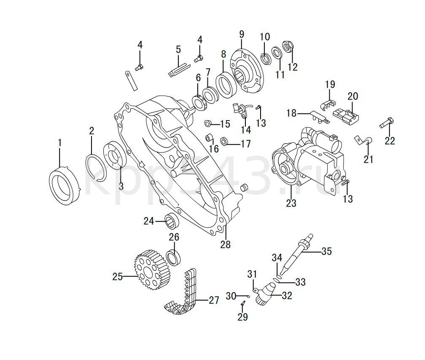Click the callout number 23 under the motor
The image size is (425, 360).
[291, 203]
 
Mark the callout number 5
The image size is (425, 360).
[178, 49]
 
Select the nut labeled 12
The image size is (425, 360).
[289, 46]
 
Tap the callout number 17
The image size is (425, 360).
[245, 144]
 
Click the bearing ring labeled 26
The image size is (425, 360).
[173, 258]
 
